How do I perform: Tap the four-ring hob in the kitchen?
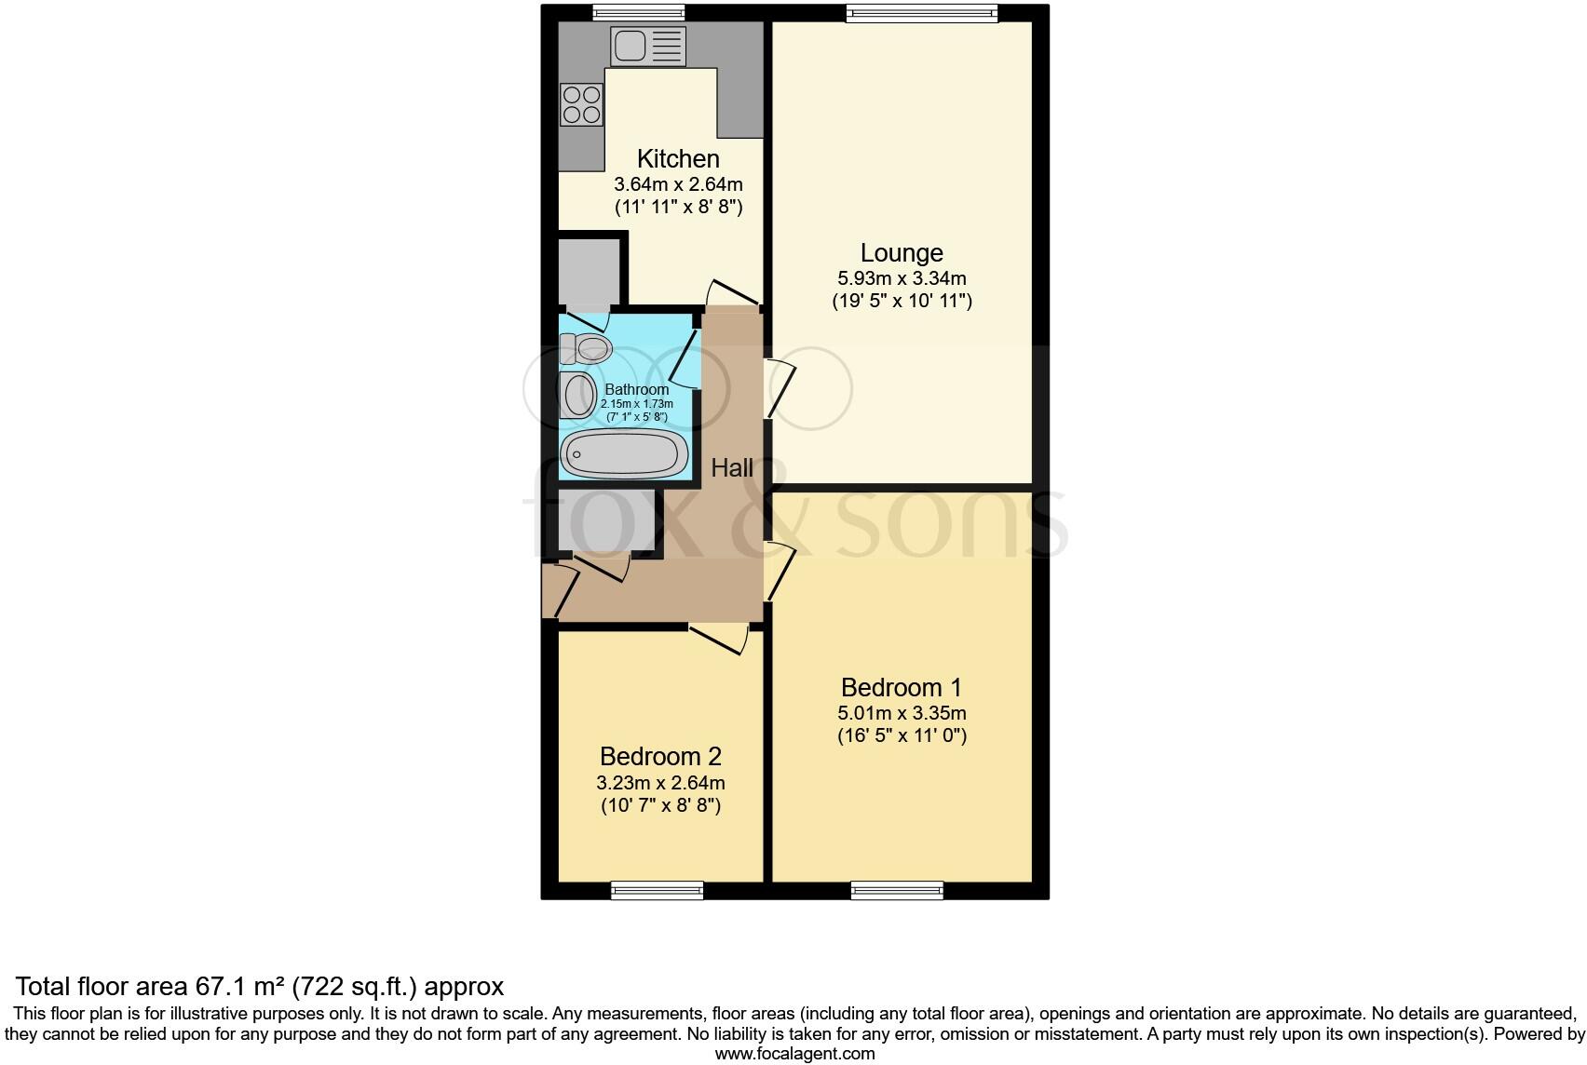click(581, 104)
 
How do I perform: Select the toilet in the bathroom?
click(586, 349)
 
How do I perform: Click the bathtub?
click(625, 455)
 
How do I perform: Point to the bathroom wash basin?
click(577, 396)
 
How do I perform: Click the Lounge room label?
click(901, 253)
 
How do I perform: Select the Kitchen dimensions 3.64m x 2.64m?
click(678, 184)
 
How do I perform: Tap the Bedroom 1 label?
click(901, 688)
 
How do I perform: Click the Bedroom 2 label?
click(660, 757)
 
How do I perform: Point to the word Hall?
click(732, 468)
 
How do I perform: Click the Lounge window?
click(922, 12)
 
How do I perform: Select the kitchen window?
click(639, 12)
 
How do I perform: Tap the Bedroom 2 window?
click(657, 891)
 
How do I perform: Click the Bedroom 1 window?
click(896, 891)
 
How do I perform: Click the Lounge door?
click(780, 387)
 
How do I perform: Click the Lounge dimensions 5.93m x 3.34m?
click(901, 278)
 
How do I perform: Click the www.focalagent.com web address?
click(794, 1054)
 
